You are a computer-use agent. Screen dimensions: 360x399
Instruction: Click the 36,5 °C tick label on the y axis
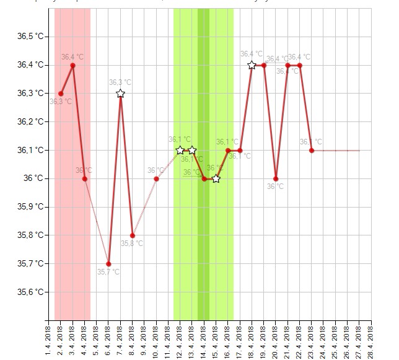coord(30,37)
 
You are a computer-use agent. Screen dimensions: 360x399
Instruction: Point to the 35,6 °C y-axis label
coord(30,292)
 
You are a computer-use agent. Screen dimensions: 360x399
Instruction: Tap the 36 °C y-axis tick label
coord(34,178)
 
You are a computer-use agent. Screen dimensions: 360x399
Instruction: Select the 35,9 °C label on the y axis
coord(30,207)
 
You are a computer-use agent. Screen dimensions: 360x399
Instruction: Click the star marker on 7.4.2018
coord(120,94)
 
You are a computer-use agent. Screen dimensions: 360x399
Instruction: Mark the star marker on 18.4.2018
coord(252,65)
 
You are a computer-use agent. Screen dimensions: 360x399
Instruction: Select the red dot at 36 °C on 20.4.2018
coord(276,178)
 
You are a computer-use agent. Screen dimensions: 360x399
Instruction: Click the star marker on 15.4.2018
coord(216,178)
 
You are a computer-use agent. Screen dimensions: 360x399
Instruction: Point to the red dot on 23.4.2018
coord(312,150)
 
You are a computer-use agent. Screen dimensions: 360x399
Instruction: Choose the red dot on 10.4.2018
coord(156,178)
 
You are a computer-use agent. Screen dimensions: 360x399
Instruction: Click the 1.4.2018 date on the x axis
coord(49,338)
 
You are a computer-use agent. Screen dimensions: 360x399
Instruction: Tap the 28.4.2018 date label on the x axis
coord(370,338)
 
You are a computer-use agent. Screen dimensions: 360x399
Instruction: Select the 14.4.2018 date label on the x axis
coord(204,338)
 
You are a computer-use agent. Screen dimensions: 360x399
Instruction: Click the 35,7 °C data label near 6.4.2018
coord(108,271)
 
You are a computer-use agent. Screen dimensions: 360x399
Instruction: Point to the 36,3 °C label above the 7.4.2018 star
coord(120,82)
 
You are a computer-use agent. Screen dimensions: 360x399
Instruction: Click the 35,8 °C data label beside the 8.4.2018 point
coord(132,244)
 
